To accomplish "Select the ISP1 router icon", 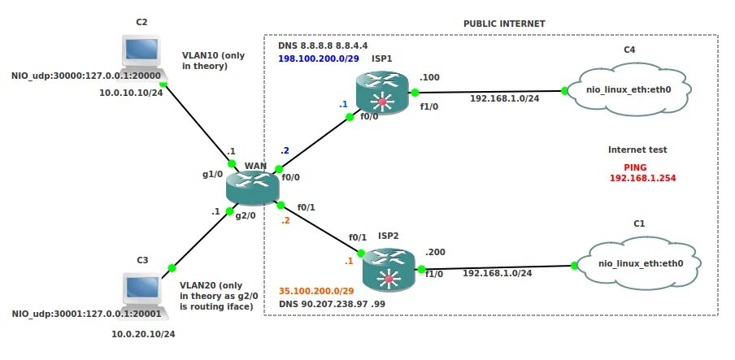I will click(x=381, y=92).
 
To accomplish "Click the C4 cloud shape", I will click(x=628, y=89).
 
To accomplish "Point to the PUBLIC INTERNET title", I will click(x=504, y=24).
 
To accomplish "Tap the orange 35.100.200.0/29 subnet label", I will click(x=316, y=291).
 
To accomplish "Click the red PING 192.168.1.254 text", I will click(x=643, y=171).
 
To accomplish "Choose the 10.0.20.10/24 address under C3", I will click(x=143, y=334).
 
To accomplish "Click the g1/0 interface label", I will click(x=212, y=174).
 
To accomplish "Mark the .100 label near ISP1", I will click(x=429, y=77).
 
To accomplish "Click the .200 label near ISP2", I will click(x=437, y=252).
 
